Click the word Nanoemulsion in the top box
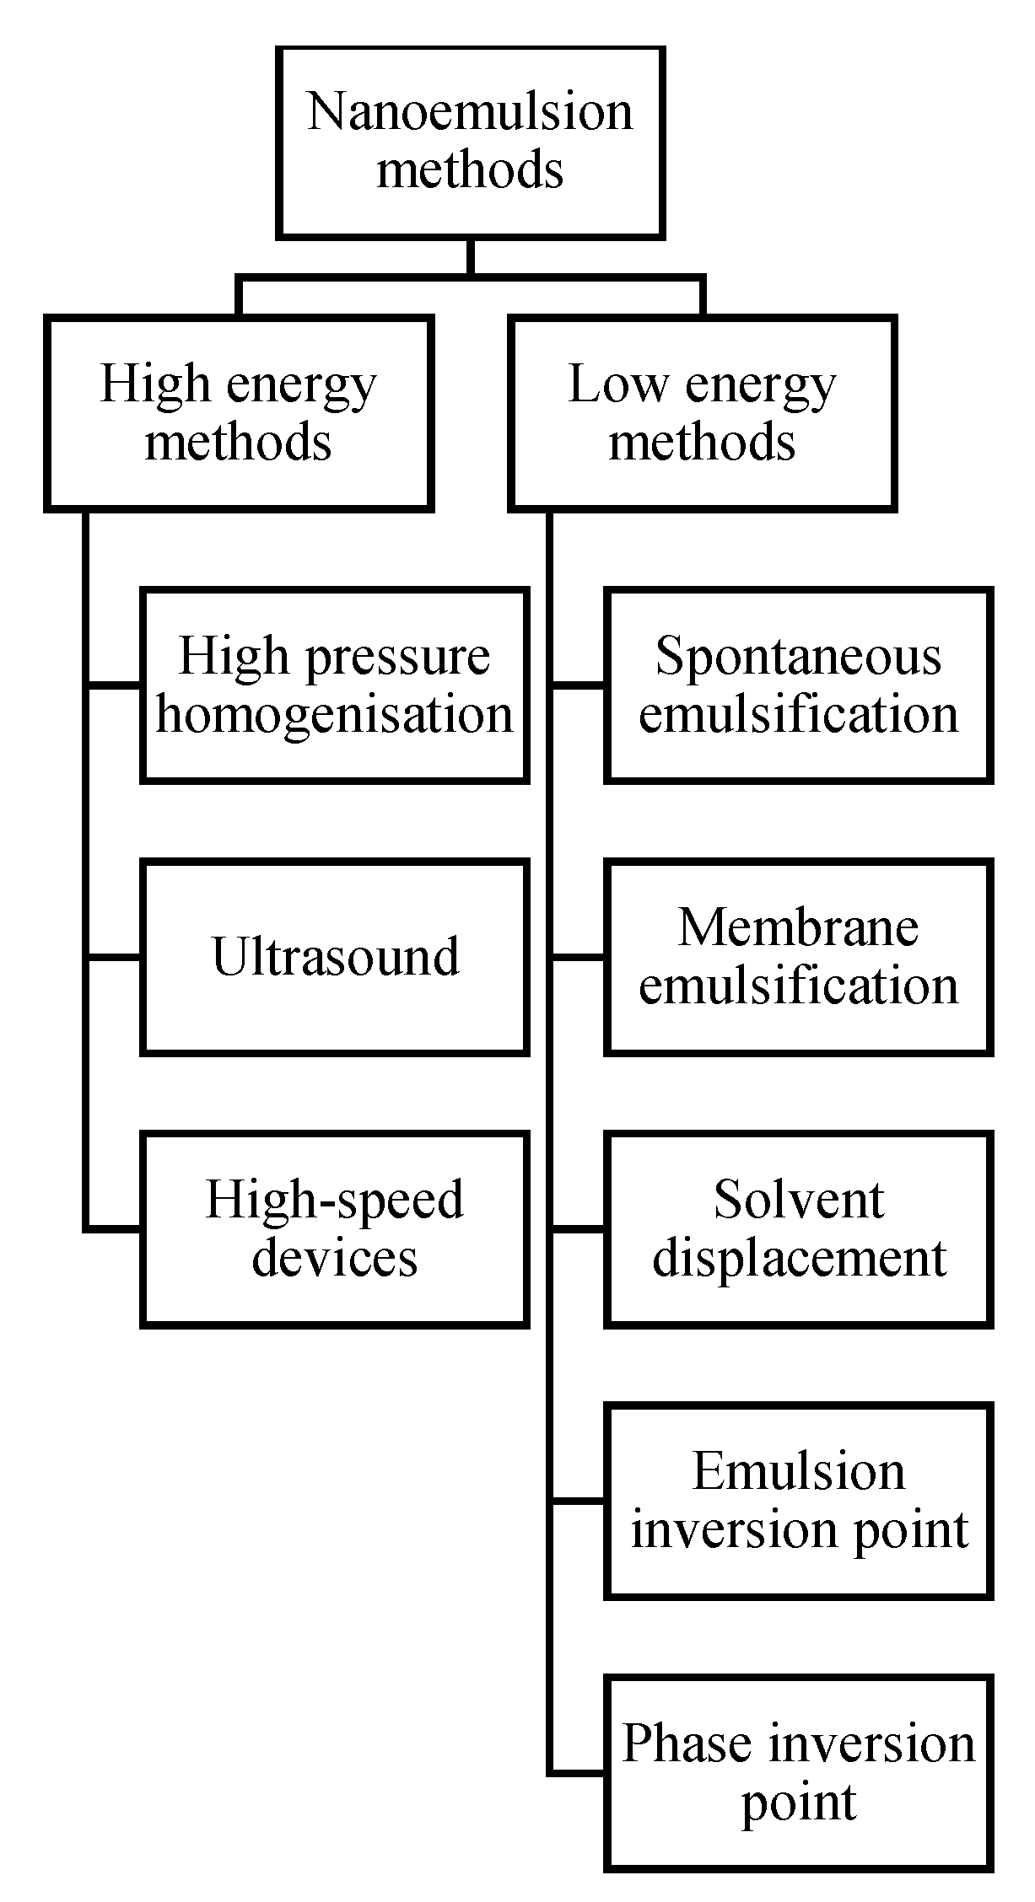coord(470,112)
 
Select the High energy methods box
coord(239,413)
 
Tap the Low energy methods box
coord(702,413)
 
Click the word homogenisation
coord(335,715)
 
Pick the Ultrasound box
coord(335,957)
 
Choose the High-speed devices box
coord(335,1229)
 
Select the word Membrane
coord(798,928)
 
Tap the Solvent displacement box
coord(798,1229)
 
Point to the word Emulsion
coord(798,1472)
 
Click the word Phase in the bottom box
coord(686,1744)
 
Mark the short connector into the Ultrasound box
coord(114,958)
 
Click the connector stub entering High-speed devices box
coord(114,1229)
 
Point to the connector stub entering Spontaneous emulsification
coord(579,685)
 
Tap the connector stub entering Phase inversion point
coord(579,1773)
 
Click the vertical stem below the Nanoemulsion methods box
coord(470,257)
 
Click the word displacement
coord(799,1259)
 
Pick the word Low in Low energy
coord(617,384)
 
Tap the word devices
coord(335,1259)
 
